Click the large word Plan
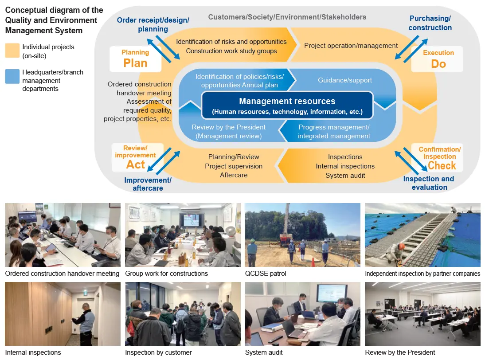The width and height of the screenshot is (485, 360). tap(135, 63)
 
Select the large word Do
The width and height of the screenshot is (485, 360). tap(438, 64)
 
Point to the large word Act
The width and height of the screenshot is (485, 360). tap(135, 164)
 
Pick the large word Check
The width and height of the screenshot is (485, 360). tap(442, 166)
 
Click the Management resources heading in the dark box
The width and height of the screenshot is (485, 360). tap(287, 101)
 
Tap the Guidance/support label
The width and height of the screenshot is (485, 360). tap(345, 80)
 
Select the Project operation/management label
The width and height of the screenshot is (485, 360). tap(351, 45)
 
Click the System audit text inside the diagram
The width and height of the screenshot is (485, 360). tap(345, 176)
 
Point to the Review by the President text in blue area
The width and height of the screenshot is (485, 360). tap(228, 127)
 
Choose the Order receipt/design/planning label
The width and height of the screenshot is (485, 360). tap(153, 24)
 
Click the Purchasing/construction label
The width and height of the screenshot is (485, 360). tap(430, 23)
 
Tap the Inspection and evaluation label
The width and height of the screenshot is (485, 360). tap(429, 183)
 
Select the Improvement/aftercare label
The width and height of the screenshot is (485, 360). tap(148, 184)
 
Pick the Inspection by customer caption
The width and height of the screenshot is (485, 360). tap(158, 352)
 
